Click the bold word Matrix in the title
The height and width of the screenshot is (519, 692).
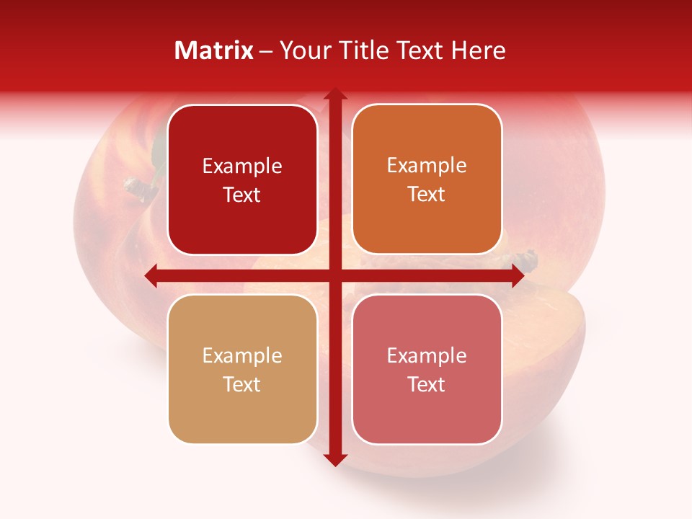coord(214,50)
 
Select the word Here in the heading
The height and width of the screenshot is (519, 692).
coord(478,50)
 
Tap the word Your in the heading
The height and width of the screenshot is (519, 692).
coord(304,50)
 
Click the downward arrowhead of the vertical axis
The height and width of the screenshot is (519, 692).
coord(334,459)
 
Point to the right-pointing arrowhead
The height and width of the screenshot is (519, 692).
coord(517,275)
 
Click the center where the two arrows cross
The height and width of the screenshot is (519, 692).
coord(334,275)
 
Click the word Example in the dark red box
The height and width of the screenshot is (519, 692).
coord(242,167)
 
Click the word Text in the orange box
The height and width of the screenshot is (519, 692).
coord(427,195)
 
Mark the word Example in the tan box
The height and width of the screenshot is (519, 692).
coord(242,355)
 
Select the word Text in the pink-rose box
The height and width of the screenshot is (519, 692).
coord(427,384)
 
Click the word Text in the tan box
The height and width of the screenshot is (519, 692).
coord(242,384)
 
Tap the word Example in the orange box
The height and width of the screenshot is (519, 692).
coord(427,166)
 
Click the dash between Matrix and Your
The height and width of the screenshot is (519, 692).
coord(266,51)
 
